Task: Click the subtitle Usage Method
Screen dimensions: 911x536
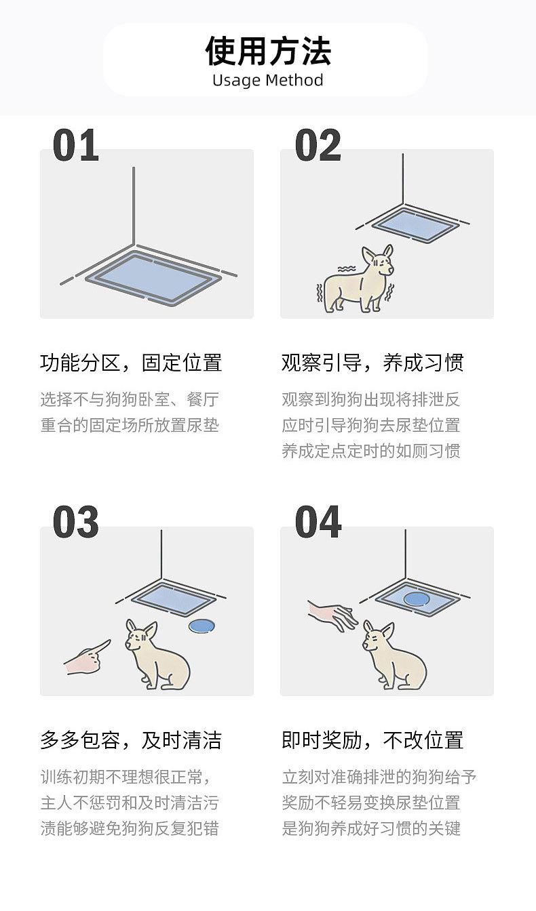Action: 268,80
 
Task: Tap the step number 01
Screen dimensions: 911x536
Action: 76,145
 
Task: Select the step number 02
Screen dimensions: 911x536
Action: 318,145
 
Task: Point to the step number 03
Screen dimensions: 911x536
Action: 76,523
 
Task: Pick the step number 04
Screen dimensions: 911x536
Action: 318,523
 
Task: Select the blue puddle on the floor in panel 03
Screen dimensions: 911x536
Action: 201,626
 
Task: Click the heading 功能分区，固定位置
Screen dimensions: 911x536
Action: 131,363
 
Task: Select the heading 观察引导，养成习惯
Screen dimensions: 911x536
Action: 372,363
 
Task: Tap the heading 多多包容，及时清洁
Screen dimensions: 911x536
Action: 131,740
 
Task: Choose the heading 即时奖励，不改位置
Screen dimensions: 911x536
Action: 372,740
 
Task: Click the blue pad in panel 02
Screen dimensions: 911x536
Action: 415,224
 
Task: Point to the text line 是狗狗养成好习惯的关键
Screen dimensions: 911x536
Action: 371,828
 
